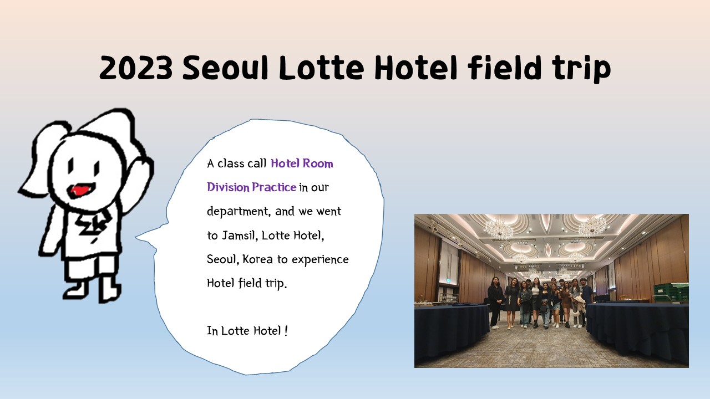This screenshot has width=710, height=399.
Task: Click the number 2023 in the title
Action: [x=136, y=68]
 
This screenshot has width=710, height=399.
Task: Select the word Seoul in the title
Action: [x=225, y=67]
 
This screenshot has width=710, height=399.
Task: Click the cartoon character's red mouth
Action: [x=81, y=190]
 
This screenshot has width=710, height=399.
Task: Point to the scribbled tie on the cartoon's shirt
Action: [x=94, y=224]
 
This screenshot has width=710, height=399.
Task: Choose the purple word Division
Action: [x=228, y=187]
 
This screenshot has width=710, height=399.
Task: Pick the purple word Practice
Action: [x=274, y=187]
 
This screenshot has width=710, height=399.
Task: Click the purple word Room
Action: [x=318, y=163]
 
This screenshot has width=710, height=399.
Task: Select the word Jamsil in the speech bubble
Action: [x=239, y=236]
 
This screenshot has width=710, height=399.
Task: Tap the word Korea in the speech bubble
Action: [x=257, y=259]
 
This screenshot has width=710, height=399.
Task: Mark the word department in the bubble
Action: [x=239, y=212]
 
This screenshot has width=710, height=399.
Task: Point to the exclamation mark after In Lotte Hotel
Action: [x=286, y=331]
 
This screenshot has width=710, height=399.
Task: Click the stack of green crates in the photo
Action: [x=670, y=291]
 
